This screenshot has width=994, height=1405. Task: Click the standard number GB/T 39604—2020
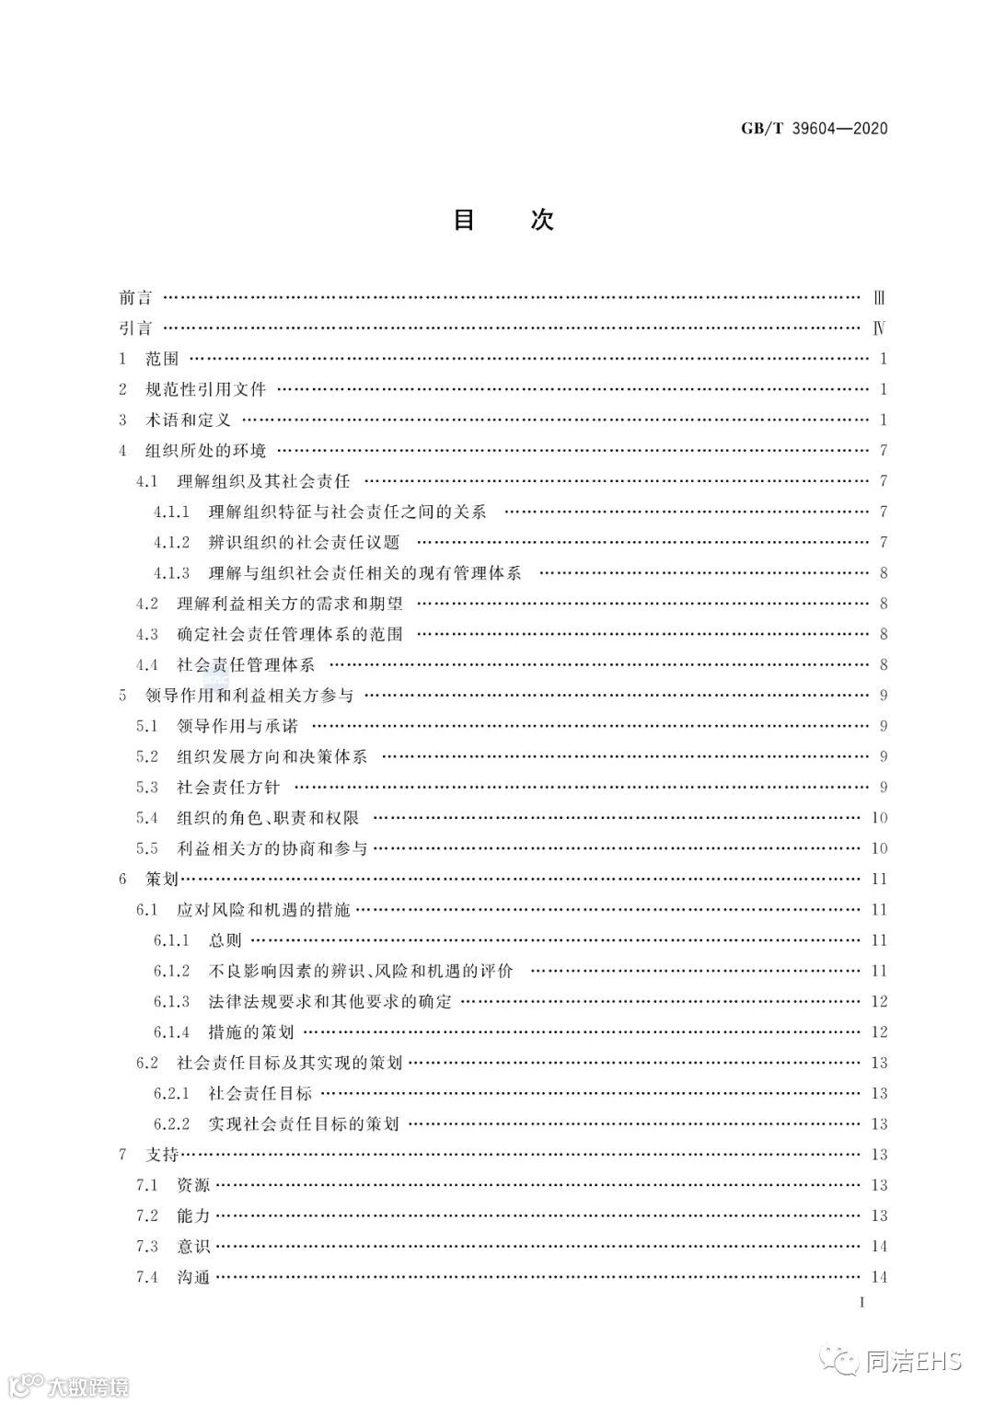pyautogui.click(x=814, y=129)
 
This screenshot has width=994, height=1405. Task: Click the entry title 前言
pyautogui.click(x=135, y=298)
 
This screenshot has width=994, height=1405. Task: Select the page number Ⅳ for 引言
pyautogui.click(x=879, y=328)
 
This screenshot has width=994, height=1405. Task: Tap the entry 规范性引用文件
pyautogui.click(x=206, y=389)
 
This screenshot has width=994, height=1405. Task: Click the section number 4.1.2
pyautogui.click(x=171, y=542)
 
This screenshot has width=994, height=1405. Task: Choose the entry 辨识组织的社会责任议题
pyautogui.click(x=304, y=542)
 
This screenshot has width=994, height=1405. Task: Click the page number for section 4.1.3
pyautogui.click(x=883, y=573)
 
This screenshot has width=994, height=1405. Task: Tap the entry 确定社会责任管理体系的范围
pyautogui.click(x=290, y=634)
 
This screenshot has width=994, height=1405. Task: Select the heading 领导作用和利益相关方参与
pyautogui.click(x=249, y=695)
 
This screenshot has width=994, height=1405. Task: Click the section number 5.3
pyautogui.click(x=147, y=787)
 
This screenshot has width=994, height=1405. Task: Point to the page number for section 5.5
pyautogui.click(x=878, y=848)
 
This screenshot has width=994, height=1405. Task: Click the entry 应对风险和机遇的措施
pyautogui.click(x=263, y=909)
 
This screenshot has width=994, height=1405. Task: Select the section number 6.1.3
pyautogui.click(x=171, y=1001)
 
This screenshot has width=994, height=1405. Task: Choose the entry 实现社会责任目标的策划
pyautogui.click(x=304, y=1123)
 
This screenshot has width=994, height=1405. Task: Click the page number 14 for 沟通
pyautogui.click(x=878, y=1276)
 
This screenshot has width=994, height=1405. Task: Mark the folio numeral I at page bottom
pyautogui.click(x=861, y=1302)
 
